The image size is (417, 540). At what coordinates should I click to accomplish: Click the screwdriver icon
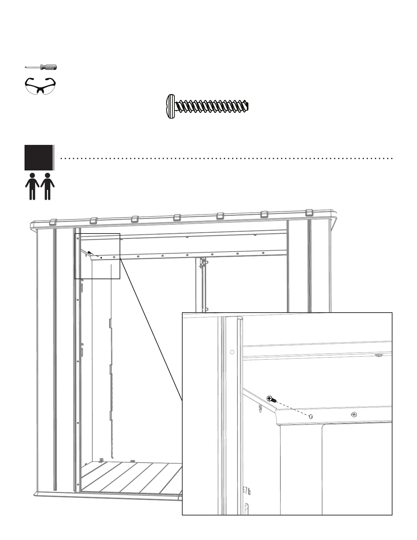(x=41, y=67)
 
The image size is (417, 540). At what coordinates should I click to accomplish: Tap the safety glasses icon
(x=41, y=85)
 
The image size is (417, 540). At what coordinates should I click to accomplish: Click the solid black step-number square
(x=38, y=157)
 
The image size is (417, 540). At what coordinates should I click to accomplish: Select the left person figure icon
(x=32, y=186)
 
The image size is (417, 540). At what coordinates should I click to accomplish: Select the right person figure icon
(x=47, y=186)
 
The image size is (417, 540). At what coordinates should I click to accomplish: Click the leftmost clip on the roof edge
(x=53, y=223)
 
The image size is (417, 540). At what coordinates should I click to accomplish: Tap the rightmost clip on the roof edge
(x=309, y=213)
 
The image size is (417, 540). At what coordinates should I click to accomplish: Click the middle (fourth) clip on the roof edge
(x=177, y=217)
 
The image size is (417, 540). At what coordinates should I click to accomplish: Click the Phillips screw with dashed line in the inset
(x=270, y=398)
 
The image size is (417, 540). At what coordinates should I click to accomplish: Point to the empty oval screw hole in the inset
(x=311, y=417)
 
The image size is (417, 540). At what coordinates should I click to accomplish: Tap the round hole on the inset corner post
(x=232, y=352)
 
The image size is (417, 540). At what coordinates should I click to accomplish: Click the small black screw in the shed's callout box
(x=90, y=253)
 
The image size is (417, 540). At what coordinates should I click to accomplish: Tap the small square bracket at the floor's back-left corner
(x=101, y=460)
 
